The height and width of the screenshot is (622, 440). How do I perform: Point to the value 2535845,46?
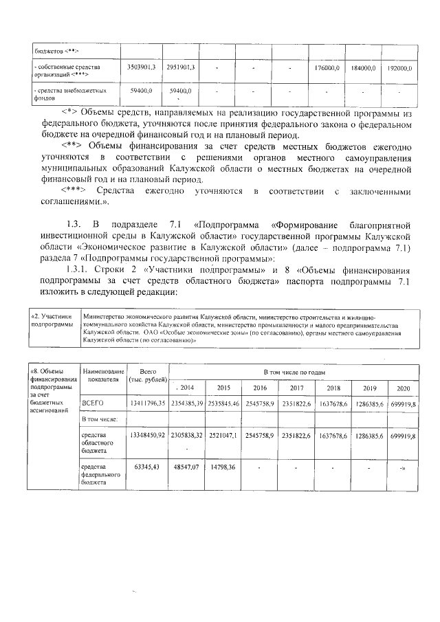(223, 403)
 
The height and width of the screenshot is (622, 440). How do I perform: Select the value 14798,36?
(223, 467)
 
